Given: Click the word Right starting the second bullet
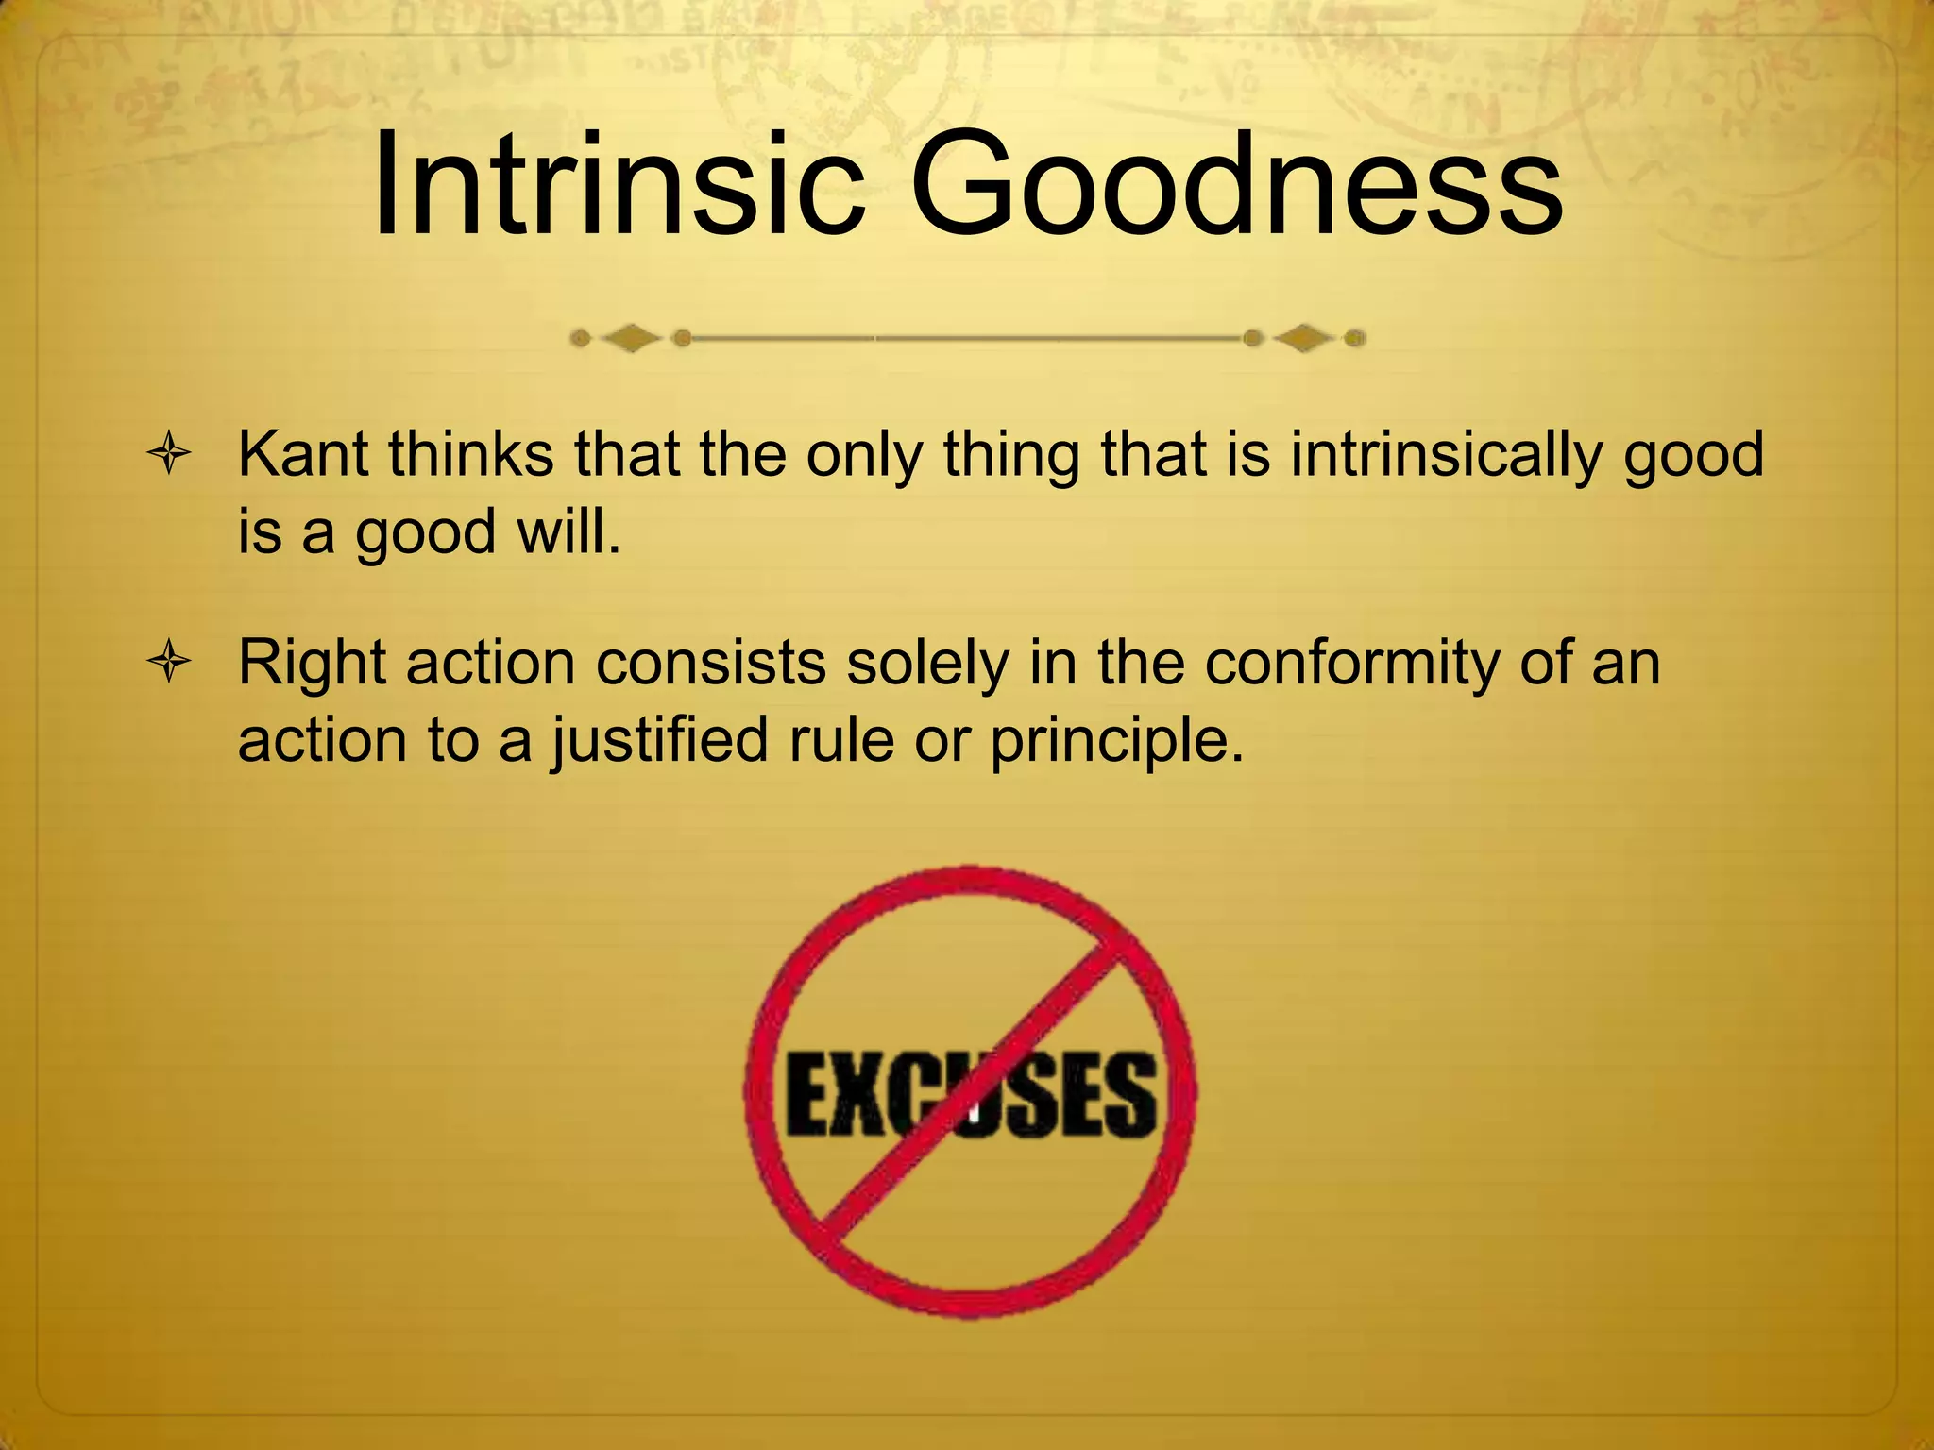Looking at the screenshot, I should click(x=312, y=664).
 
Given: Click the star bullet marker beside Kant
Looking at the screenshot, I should click(x=170, y=455).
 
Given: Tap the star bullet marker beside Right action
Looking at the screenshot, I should click(x=170, y=663).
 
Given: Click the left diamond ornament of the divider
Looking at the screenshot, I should click(x=631, y=337).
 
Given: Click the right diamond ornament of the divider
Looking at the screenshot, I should click(x=1304, y=337).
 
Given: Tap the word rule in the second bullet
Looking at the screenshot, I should click(x=841, y=739).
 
